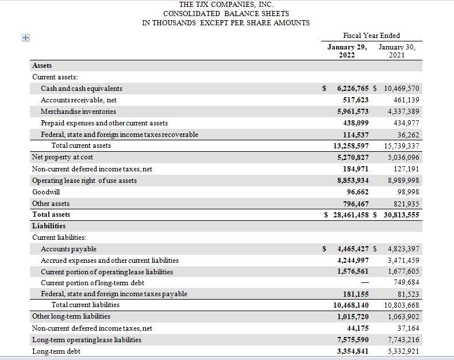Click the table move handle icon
coord(25,37)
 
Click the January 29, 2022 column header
coord(347,51)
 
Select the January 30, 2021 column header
coord(397,51)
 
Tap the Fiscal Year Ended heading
coord(371,35)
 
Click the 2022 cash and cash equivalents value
coord(353,89)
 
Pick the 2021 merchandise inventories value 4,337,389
coord(403,112)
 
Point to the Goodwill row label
coord(46,192)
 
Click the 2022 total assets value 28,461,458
coord(351,215)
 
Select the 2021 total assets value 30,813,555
coord(401,215)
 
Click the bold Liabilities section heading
coord(49,226)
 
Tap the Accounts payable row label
coord(68,249)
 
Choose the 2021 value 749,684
coord(406,282)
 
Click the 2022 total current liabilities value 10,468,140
coord(351,305)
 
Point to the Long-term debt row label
coord(56,351)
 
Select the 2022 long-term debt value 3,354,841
coord(353,351)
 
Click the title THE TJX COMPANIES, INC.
coord(226,5)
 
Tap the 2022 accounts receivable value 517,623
coord(356,100)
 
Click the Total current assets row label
coord(81,145)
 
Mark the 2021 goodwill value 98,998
coord(408,192)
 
